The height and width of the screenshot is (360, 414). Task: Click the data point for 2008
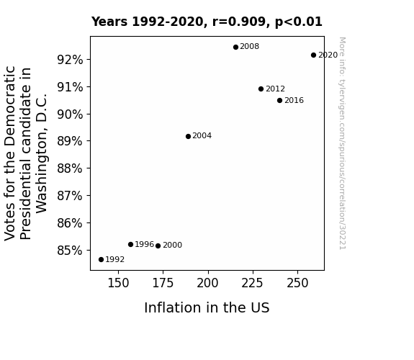[235, 48]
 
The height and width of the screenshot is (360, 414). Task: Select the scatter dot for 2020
[313, 55]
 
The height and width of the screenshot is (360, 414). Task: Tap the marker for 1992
[101, 260]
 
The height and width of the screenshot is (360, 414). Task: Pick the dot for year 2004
[188, 137]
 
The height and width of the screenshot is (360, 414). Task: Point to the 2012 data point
[261, 89]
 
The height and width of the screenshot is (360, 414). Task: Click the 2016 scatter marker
[279, 100]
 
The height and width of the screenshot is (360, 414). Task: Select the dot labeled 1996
[130, 245]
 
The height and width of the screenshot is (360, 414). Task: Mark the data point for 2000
[158, 246]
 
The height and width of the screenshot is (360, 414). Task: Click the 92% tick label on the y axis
[70, 60]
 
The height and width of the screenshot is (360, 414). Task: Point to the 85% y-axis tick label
[70, 251]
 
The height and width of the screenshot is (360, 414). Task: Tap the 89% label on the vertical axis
[70, 141]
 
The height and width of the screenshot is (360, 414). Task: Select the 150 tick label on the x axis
[118, 283]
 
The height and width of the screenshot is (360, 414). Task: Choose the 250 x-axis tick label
[297, 283]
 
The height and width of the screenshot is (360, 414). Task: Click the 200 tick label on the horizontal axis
[208, 283]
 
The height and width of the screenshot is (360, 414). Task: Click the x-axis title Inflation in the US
[207, 307]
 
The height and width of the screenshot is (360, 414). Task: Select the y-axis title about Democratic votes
[26, 153]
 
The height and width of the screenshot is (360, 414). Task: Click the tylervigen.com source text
[342, 143]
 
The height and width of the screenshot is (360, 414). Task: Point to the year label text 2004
[202, 136]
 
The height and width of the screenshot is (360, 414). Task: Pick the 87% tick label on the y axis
[70, 196]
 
